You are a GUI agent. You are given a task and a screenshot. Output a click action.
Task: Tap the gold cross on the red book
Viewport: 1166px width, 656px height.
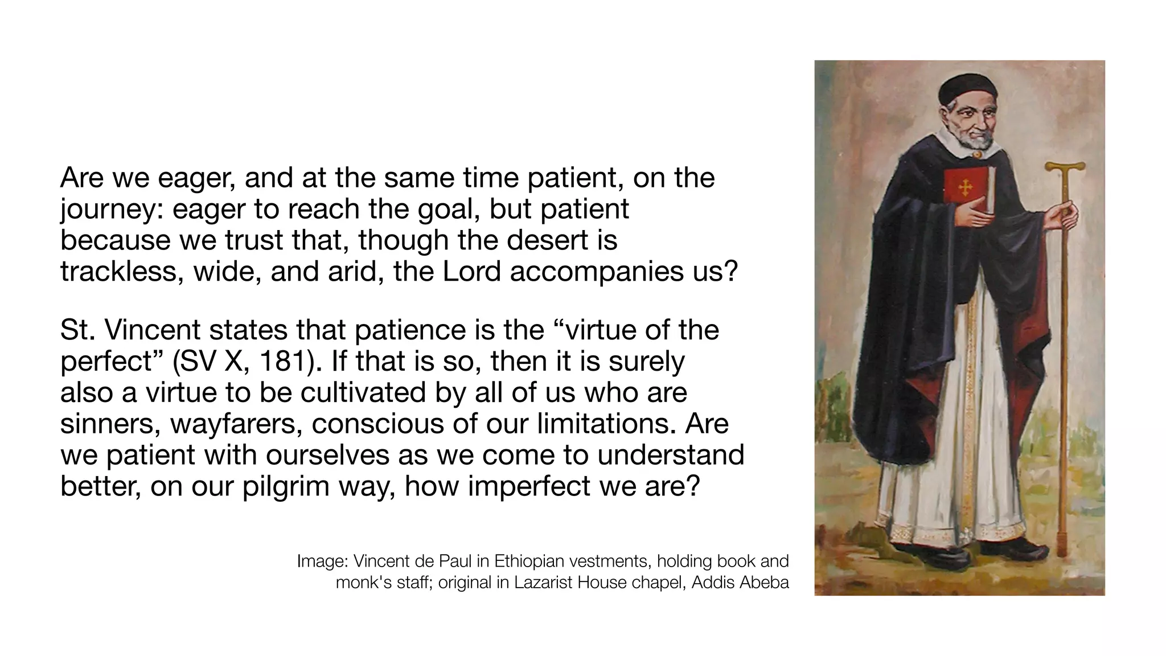(964, 188)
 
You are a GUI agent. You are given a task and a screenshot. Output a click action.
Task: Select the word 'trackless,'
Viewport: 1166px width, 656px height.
(122, 272)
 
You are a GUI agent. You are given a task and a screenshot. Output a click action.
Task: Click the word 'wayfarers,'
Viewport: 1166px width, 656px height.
(236, 424)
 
